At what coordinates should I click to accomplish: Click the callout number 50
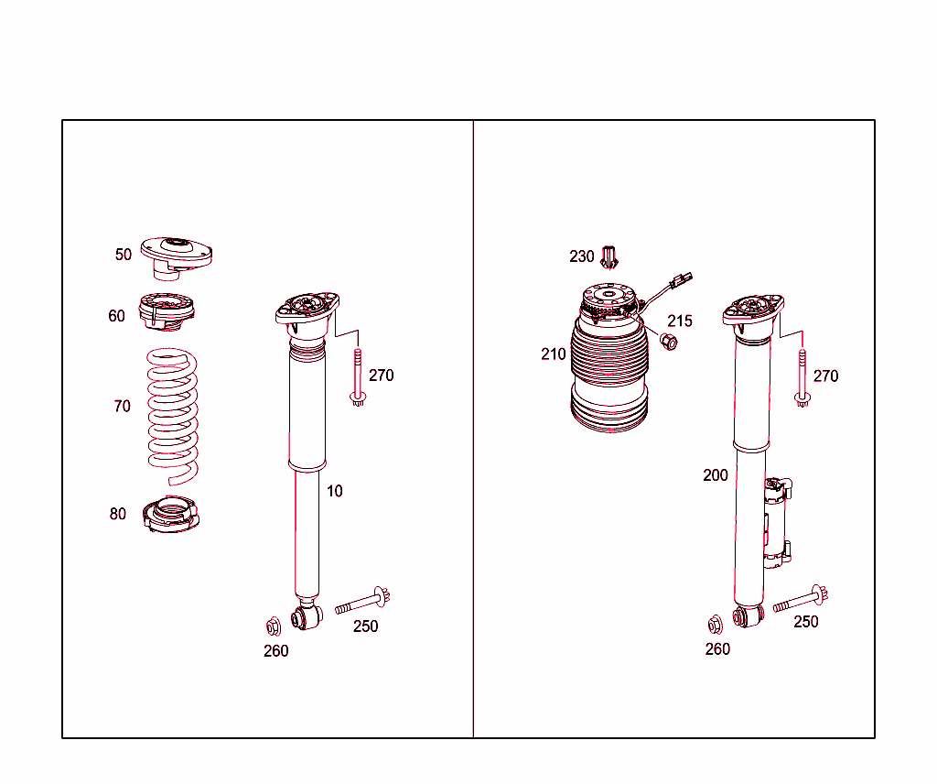pyautogui.click(x=124, y=255)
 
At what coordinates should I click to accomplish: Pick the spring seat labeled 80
pyautogui.click(x=171, y=515)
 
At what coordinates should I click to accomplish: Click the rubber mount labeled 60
pyautogui.click(x=167, y=311)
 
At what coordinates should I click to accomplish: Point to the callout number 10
pyautogui.click(x=335, y=491)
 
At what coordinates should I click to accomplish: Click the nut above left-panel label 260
pyautogui.click(x=274, y=626)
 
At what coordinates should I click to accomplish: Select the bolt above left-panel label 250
pyautogui.click(x=362, y=601)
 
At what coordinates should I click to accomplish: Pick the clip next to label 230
pyautogui.click(x=609, y=257)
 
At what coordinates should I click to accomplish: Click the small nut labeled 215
pyautogui.click(x=669, y=342)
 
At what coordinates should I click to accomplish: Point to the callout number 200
pyautogui.click(x=716, y=475)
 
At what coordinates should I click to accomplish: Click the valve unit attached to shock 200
pyautogui.click(x=778, y=523)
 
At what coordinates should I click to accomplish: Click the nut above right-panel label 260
pyautogui.click(x=715, y=625)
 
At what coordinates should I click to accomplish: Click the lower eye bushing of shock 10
pyautogui.click(x=307, y=617)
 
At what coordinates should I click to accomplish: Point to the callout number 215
pyautogui.click(x=680, y=321)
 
